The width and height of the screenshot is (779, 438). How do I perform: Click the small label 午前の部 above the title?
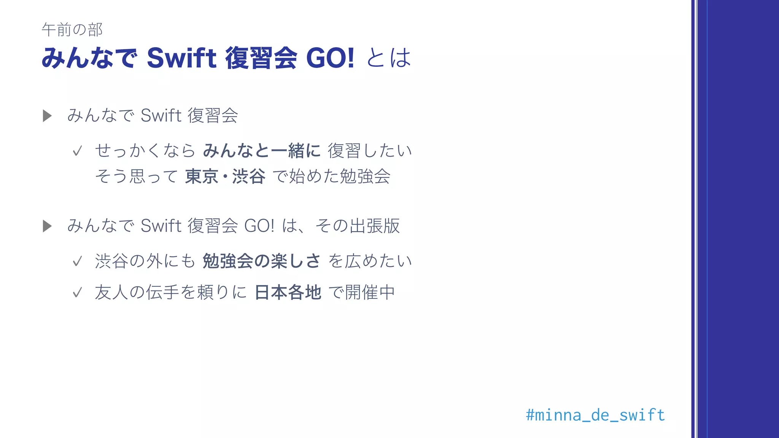point(72,30)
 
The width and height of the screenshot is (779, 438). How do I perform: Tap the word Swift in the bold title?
point(181,58)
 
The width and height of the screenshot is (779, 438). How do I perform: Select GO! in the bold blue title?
point(330,58)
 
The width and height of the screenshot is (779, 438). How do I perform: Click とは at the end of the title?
point(389,58)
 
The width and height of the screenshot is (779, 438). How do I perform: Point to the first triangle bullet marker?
point(47,116)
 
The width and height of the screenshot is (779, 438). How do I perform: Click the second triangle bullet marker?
point(47,226)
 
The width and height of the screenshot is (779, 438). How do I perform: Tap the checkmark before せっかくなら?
point(77,151)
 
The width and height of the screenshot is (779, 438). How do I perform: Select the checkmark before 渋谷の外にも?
point(77,262)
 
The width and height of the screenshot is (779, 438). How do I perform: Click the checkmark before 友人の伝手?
point(77,293)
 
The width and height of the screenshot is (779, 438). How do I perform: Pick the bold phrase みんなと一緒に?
point(262,151)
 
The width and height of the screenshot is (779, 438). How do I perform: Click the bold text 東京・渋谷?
point(225,176)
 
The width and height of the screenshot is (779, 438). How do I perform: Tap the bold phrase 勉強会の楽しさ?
point(262,261)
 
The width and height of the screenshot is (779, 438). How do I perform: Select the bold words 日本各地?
point(288,292)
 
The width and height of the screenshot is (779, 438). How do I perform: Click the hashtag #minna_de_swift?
point(595,415)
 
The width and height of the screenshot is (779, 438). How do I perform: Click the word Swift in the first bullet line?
point(161,116)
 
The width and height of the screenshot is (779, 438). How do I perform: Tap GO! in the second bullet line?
point(259,226)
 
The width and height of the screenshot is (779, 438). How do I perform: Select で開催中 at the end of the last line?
point(361,292)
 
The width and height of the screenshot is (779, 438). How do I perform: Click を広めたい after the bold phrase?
point(370,261)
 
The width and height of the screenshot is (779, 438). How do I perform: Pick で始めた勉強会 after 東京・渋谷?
point(332,176)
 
